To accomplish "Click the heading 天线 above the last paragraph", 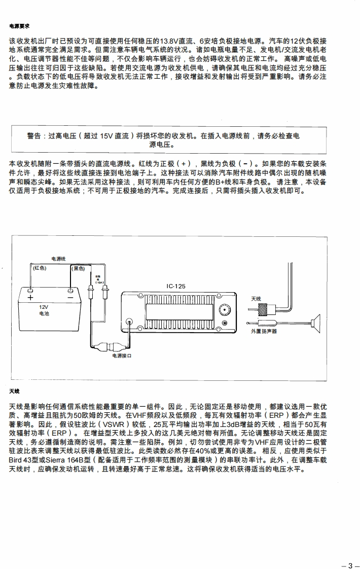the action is click(14, 392).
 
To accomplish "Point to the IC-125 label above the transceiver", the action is click(176, 286).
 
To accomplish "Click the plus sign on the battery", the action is click(30, 298).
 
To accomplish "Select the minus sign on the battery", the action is click(69, 298).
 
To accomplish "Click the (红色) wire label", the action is click(40, 268).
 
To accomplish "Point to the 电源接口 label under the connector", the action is click(122, 356).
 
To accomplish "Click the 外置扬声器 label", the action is click(264, 331).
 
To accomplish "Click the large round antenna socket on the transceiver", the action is click(223, 310).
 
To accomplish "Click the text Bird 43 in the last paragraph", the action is click(23, 460).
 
